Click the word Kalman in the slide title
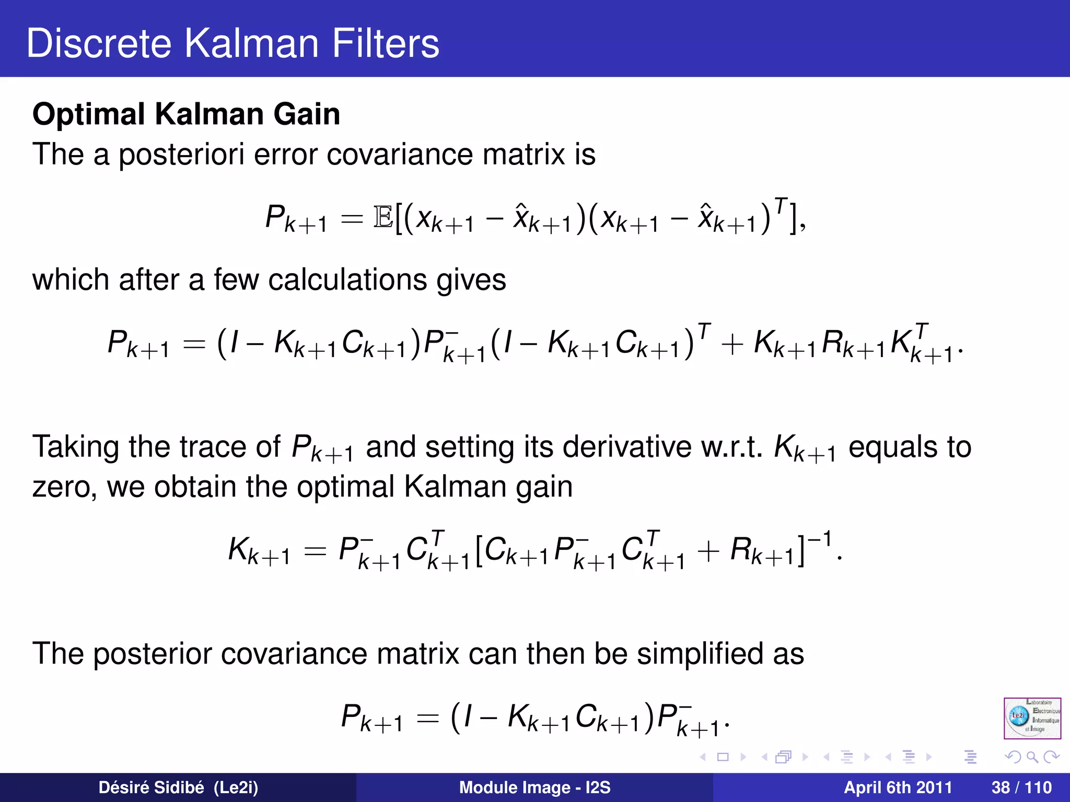tap(251, 43)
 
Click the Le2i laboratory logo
tap(1032, 718)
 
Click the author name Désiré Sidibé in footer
tap(178, 787)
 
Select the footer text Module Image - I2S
tap(534, 787)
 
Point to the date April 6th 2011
tap(898, 787)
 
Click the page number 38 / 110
tap(1021, 787)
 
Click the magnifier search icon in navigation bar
tap(1032, 757)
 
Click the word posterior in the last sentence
tap(152, 654)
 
